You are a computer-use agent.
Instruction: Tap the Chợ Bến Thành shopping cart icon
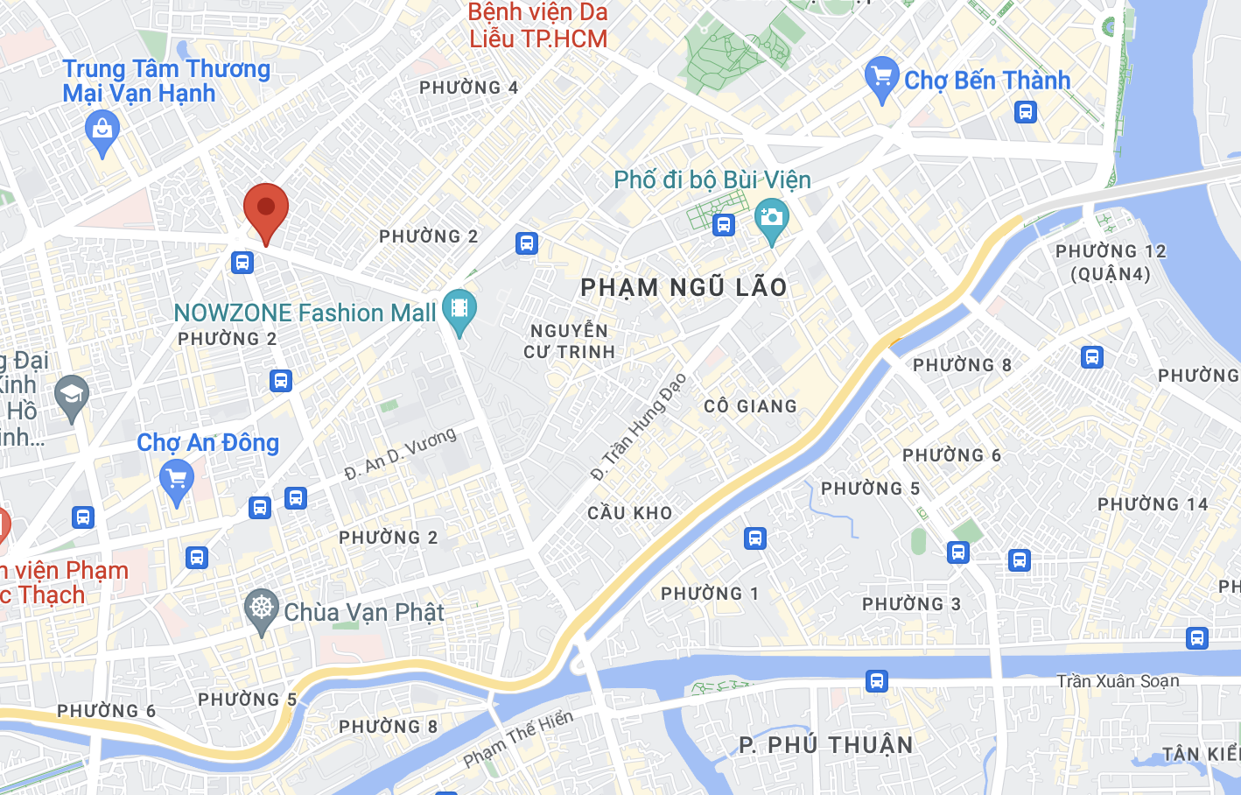click(881, 78)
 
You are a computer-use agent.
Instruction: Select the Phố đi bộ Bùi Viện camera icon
click(771, 219)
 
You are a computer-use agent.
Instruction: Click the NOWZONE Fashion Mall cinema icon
click(459, 309)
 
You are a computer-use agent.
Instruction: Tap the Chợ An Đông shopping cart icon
click(177, 481)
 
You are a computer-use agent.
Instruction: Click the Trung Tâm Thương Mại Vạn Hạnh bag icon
click(102, 131)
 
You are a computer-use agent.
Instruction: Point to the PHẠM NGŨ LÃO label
click(684, 287)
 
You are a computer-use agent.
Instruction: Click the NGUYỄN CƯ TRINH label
click(569, 341)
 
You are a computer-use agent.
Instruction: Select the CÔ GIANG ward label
click(750, 406)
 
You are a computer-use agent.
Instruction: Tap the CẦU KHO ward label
click(629, 513)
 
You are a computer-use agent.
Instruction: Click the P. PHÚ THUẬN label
click(825, 745)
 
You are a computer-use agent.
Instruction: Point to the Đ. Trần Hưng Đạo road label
click(638, 427)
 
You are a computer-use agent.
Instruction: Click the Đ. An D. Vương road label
click(400, 454)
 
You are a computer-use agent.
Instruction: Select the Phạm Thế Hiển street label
click(517, 739)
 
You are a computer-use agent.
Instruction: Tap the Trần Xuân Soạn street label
click(1117, 681)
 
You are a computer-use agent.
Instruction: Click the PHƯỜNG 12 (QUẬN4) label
click(1110, 262)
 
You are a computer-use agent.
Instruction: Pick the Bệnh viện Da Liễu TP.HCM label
click(537, 25)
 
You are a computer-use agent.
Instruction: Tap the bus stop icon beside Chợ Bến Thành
click(1026, 112)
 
